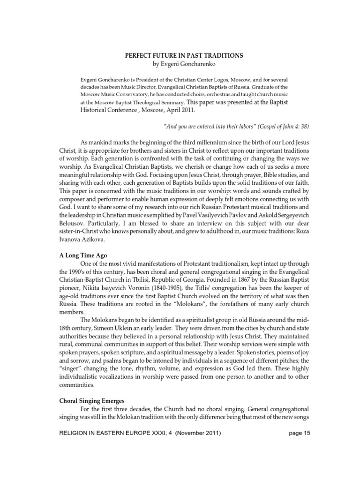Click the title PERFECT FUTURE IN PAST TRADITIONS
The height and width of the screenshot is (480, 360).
point(183,55)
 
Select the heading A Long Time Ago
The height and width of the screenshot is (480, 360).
point(83,255)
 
